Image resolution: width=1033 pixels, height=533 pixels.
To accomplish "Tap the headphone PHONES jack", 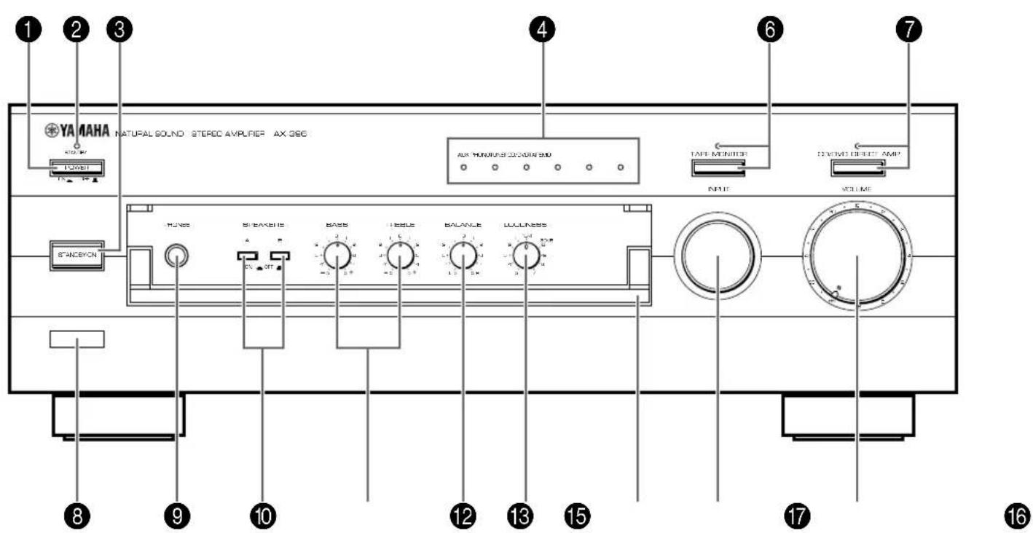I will click(x=176, y=256).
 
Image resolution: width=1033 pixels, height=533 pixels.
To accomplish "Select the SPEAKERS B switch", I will click(x=279, y=256).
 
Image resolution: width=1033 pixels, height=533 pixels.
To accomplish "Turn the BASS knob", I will click(x=337, y=256).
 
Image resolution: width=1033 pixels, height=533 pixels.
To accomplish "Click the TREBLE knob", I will click(x=398, y=256).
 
